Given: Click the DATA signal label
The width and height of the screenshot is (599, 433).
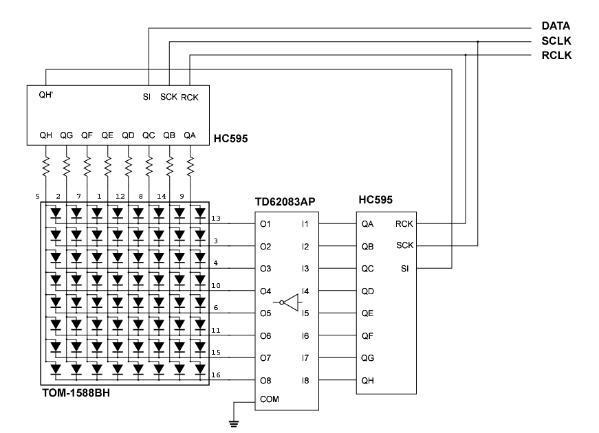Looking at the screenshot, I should (556, 26).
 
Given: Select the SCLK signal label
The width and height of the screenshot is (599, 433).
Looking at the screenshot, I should (556, 41).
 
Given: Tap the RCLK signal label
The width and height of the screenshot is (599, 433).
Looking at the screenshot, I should (556, 55).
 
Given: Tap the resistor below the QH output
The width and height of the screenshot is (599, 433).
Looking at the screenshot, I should (46, 166).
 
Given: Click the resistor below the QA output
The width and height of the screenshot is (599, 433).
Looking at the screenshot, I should (190, 166).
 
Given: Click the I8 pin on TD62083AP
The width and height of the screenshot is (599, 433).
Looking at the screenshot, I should (305, 380).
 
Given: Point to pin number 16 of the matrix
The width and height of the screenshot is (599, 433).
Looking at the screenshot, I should (216, 375).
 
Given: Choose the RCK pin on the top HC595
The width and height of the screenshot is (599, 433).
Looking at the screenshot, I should (189, 97).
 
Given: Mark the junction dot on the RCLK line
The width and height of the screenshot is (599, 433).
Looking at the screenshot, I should (466, 55).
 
